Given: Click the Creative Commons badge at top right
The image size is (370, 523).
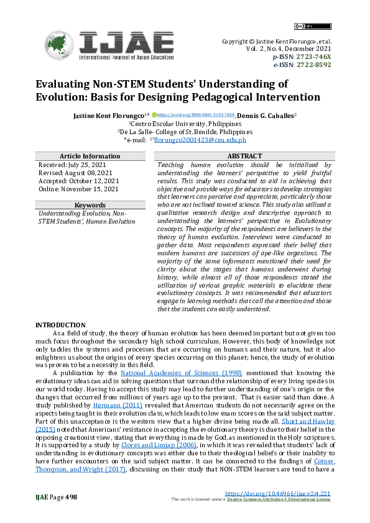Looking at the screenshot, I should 303,26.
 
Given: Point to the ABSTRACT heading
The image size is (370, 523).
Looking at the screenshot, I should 245,156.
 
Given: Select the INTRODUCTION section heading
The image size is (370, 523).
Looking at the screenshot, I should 60,325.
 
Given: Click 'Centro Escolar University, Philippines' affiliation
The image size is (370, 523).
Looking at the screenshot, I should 186,124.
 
